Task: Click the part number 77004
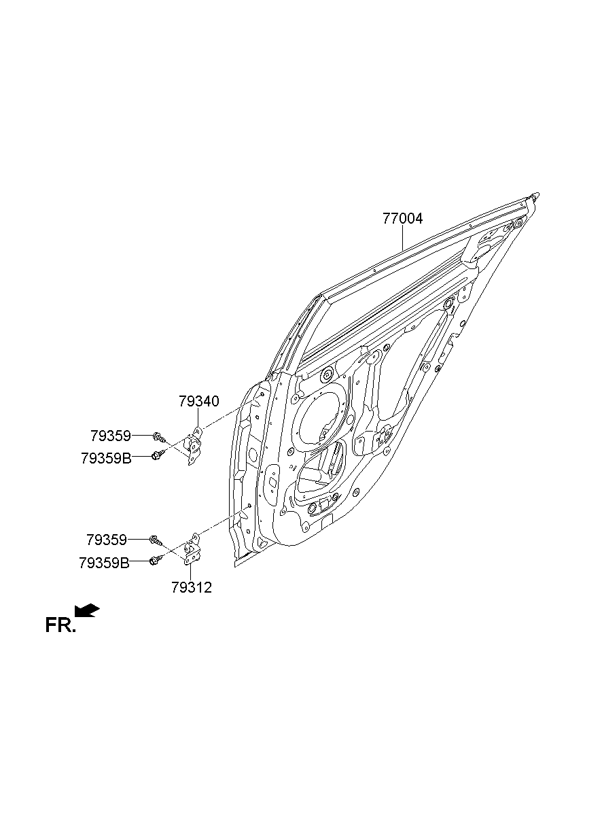click(x=402, y=219)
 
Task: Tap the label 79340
click(x=199, y=401)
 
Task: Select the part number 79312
click(x=192, y=587)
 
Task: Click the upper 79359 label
click(x=111, y=435)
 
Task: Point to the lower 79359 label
click(x=107, y=540)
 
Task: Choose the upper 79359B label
click(x=106, y=457)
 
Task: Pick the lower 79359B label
click(x=104, y=562)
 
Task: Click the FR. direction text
click(x=60, y=625)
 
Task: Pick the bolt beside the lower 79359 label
click(x=156, y=540)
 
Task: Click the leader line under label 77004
click(x=402, y=239)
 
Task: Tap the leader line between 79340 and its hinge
click(x=198, y=417)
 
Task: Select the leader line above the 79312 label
click(x=192, y=570)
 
